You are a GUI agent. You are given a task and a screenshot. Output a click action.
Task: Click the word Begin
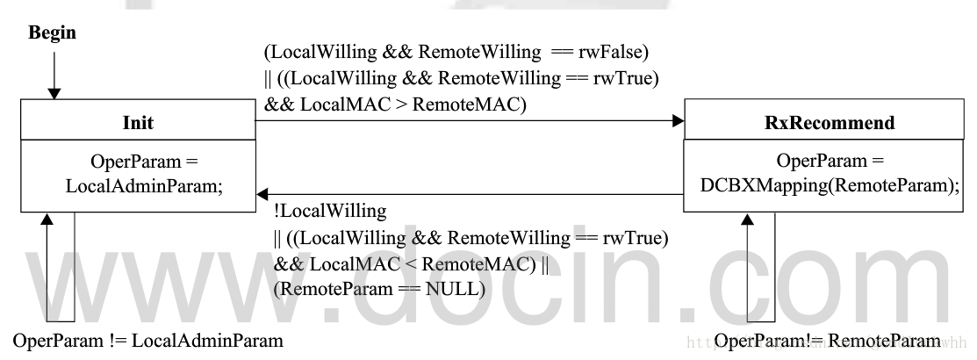[x=53, y=33]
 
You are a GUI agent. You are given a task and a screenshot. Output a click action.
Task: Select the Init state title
[x=139, y=123]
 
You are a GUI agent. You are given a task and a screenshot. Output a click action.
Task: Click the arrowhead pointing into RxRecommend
[x=677, y=122]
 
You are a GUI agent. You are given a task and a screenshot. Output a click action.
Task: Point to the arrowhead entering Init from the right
[x=262, y=194]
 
